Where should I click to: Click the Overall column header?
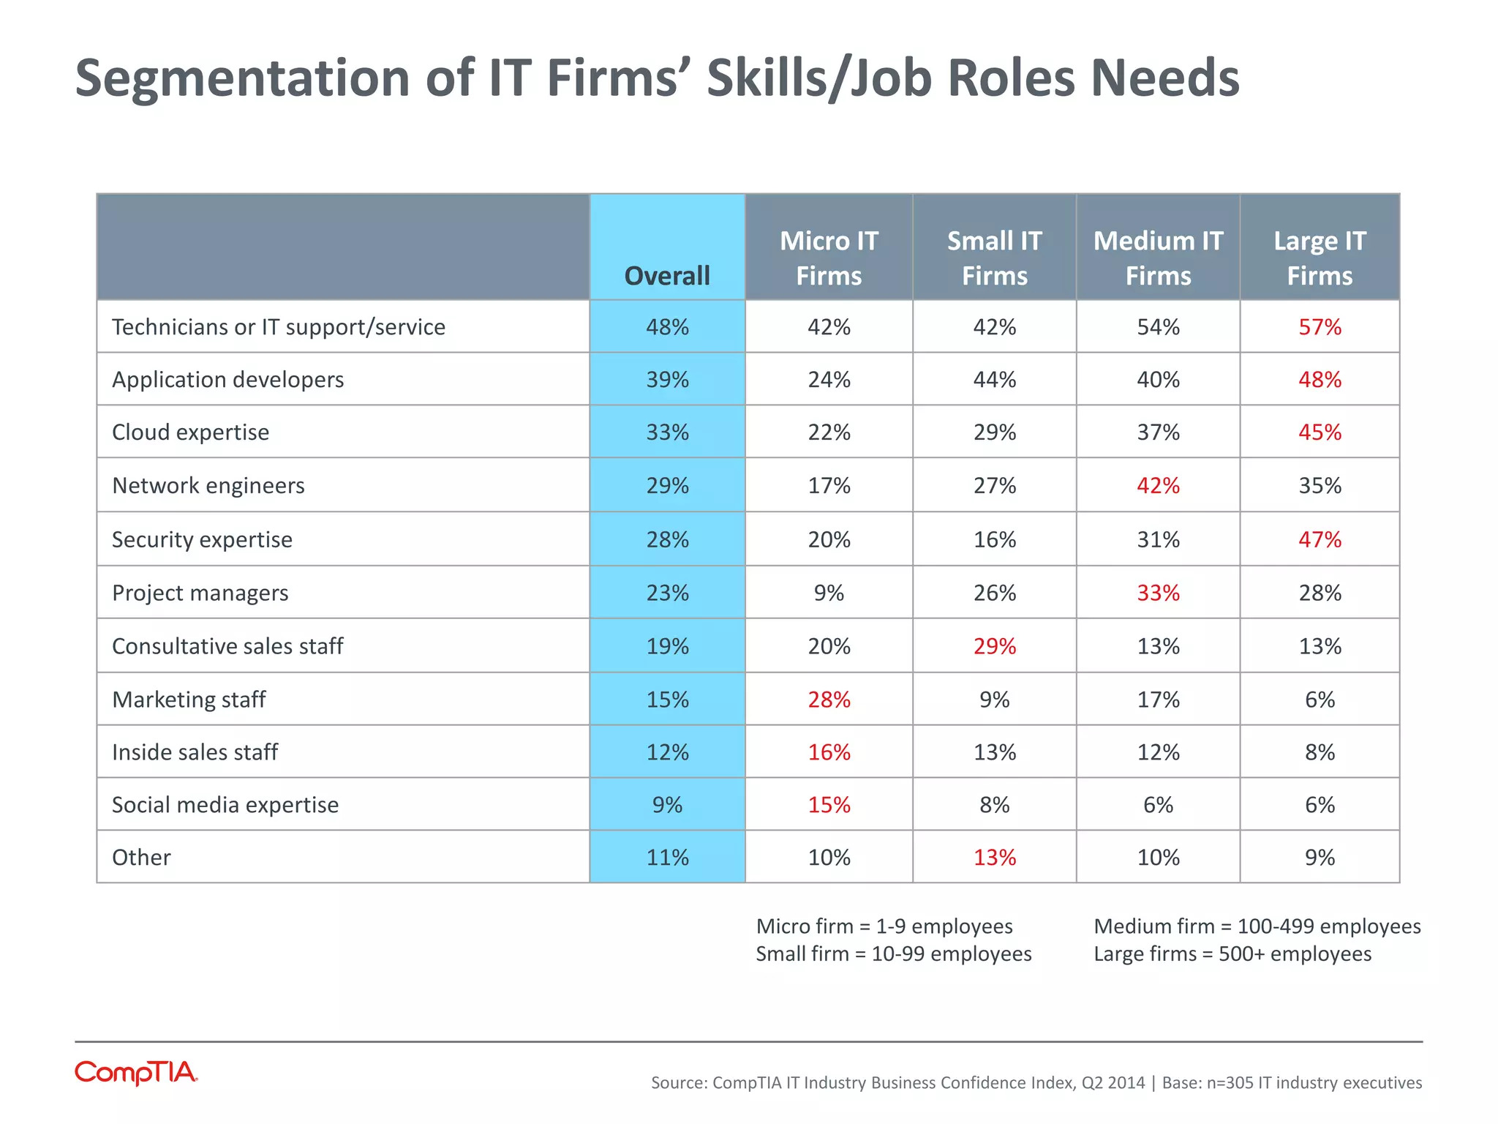pyautogui.click(x=667, y=276)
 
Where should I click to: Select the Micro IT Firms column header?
pyautogui.click(x=829, y=258)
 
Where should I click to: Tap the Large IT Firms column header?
pyautogui.click(x=1320, y=258)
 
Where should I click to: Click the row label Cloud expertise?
pyautogui.click(x=190, y=432)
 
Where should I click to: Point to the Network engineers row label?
pyautogui.click(x=208, y=485)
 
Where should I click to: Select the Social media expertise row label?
pyautogui.click(x=225, y=804)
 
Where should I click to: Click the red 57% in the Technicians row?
pyautogui.click(x=1320, y=326)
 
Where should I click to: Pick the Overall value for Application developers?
pyautogui.click(x=667, y=379)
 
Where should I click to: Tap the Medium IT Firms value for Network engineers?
pyautogui.click(x=1158, y=485)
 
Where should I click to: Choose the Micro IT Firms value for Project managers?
pyautogui.click(x=829, y=592)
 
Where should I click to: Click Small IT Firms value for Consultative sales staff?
pyautogui.click(x=994, y=646)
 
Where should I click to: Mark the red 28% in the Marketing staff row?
pyautogui.click(x=829, y=700)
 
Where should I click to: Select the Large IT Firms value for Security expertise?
pyautogui.click(x=1320, y=539)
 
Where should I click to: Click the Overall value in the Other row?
pyautogui.click(x=667, y=857)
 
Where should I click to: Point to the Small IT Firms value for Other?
pyautogui.click(x=994, y=857)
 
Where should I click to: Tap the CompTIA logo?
pyautogui.click(x=136, y=1073)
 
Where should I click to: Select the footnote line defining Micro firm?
pyautogui.click(x=884, y=926)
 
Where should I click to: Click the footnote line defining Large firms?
pyautogui.click(x=1232, y=954)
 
